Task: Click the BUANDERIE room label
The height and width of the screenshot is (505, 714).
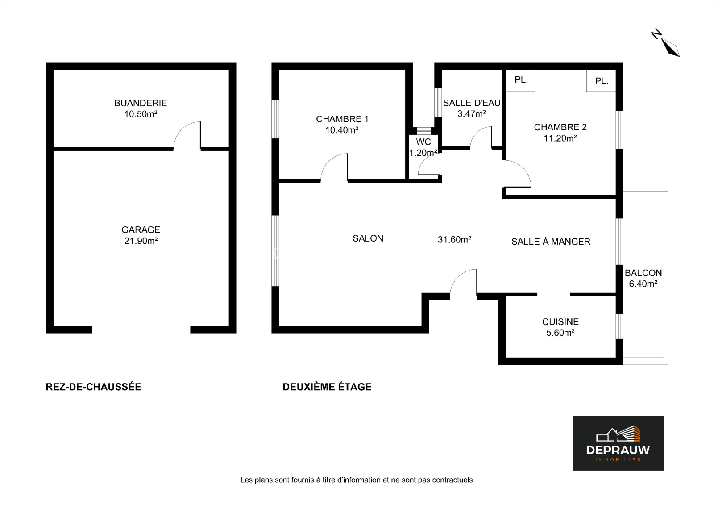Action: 141,103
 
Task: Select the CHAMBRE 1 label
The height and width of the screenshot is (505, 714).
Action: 342,119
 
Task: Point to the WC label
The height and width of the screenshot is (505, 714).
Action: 423,142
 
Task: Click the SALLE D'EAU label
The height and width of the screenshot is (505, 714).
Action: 471,103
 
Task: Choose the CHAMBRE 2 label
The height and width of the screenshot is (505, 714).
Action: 560,127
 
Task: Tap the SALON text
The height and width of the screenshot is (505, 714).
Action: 368,238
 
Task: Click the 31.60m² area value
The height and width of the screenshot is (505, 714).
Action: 454,239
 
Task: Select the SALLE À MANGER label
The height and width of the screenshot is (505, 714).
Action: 551,242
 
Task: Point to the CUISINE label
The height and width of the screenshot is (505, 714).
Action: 560,321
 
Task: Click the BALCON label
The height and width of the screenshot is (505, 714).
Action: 643,273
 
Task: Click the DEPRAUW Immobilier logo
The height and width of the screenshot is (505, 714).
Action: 618,443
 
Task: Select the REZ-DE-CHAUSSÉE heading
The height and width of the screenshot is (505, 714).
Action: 93,387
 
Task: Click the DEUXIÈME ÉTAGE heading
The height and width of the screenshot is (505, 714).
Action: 327,387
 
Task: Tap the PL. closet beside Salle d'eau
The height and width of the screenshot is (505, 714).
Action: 520,81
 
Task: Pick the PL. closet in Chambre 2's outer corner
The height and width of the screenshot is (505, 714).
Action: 601,81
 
